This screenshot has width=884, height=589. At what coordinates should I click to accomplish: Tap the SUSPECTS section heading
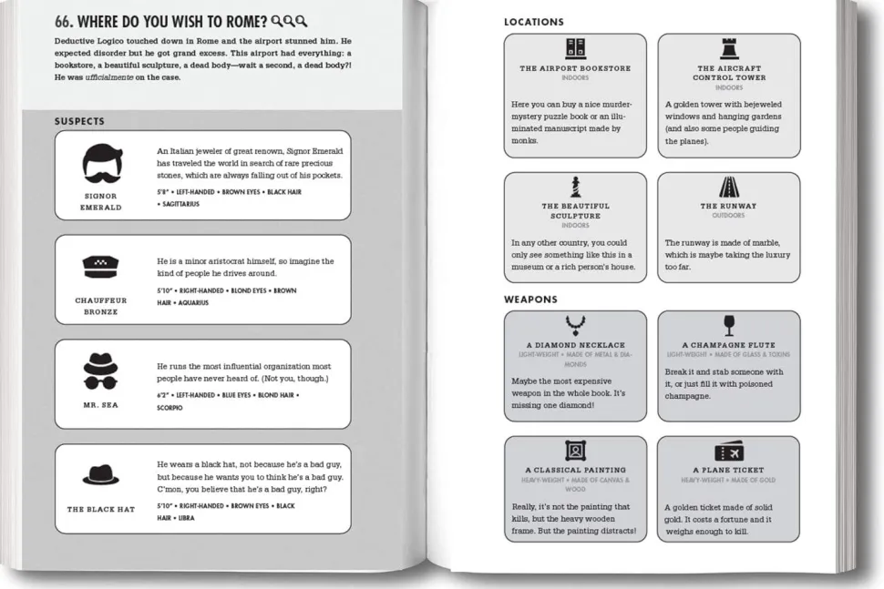[79, 121]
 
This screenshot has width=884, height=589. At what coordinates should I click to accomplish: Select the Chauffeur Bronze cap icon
[101, 267]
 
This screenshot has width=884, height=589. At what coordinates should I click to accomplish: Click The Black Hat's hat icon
[101, 475]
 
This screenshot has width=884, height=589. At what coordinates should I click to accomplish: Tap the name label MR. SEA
[101, 405]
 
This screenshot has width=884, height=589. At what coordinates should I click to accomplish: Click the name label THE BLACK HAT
[101, 509]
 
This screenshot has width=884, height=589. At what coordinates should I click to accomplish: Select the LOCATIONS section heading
[533, 22]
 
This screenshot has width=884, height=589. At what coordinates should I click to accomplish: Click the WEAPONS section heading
[530, 300]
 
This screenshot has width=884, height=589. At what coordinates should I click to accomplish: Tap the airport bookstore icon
[575, 49]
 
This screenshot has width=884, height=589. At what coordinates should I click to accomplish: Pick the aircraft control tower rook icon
[729, 49]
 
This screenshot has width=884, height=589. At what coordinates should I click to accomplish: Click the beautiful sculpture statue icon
[575, 188]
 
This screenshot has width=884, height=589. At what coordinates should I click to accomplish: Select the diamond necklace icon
[575, 325]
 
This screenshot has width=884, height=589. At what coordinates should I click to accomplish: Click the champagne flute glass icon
[729, 325]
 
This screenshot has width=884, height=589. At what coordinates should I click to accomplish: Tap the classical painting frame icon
[575, 451]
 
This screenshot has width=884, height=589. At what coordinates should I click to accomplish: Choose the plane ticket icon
[729, 452]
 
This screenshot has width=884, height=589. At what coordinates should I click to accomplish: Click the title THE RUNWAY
[728, 207]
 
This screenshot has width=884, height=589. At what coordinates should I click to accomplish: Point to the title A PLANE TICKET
[728, 471]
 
